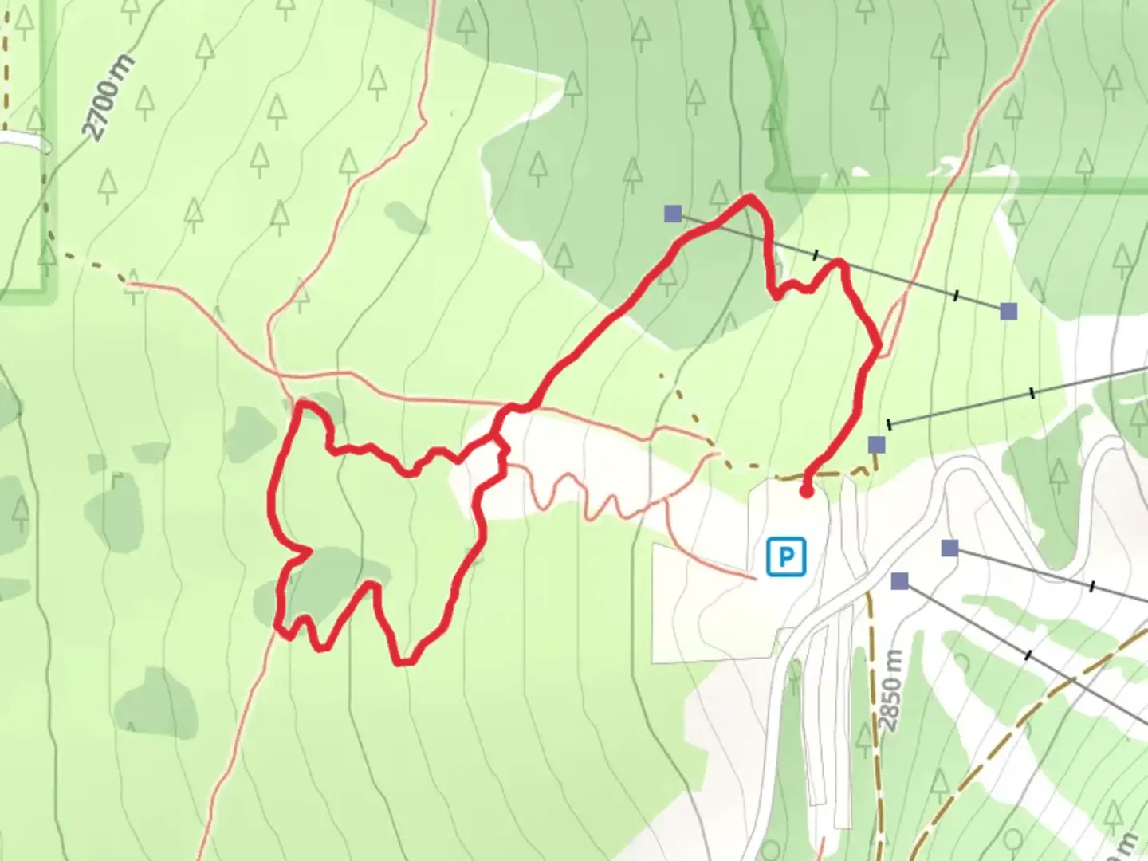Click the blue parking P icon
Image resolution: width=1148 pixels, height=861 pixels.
[x=786, y=556]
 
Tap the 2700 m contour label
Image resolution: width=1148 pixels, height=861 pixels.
[x=109, y=97]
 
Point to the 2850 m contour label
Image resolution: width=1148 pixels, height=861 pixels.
[x=892, y=690]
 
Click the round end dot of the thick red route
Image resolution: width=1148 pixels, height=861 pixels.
[x=806, y=492]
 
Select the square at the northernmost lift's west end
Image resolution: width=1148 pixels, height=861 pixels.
[x=673, y=213]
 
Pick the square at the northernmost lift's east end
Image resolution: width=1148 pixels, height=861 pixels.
[x=1008, y=310]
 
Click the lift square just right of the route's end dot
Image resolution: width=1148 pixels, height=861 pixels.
[x=877, y=444]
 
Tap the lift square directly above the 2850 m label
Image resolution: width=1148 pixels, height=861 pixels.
[x=900, y=581]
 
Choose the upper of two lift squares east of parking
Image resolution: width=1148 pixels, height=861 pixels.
[x=949, y=548]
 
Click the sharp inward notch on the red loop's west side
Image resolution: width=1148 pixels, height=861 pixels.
[x=308, y=550]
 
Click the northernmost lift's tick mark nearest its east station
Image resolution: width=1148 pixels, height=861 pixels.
[x=956, y=296]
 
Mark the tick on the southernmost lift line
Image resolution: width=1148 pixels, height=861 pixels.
[x=1028, y=655]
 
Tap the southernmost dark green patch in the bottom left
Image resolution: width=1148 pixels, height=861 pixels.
[x=157, y=702]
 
